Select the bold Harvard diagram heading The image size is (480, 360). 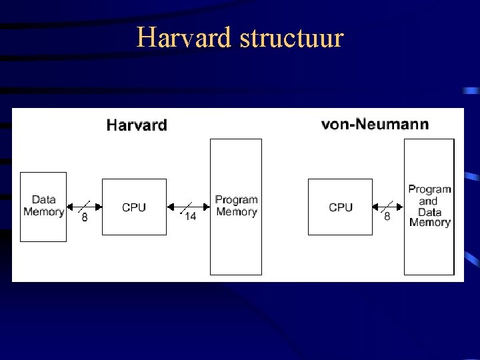click(137, 125)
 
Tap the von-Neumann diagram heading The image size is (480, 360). click(375, 124)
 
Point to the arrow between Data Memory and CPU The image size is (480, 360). click(84, 207)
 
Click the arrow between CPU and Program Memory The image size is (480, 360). click(189, 207)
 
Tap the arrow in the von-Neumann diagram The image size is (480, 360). click(388, 207)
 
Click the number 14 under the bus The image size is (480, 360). click(190, 217)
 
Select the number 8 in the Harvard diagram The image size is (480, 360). click(85, 217)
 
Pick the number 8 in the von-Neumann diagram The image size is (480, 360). click(387, 217)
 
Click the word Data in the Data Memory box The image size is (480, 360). click(43, 199)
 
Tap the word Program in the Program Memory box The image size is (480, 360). click(236, 199)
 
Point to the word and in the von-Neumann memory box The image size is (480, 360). click(428, 201)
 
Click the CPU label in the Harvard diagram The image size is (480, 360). click(134, 207)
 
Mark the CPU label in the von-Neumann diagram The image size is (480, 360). click(341, 207)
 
